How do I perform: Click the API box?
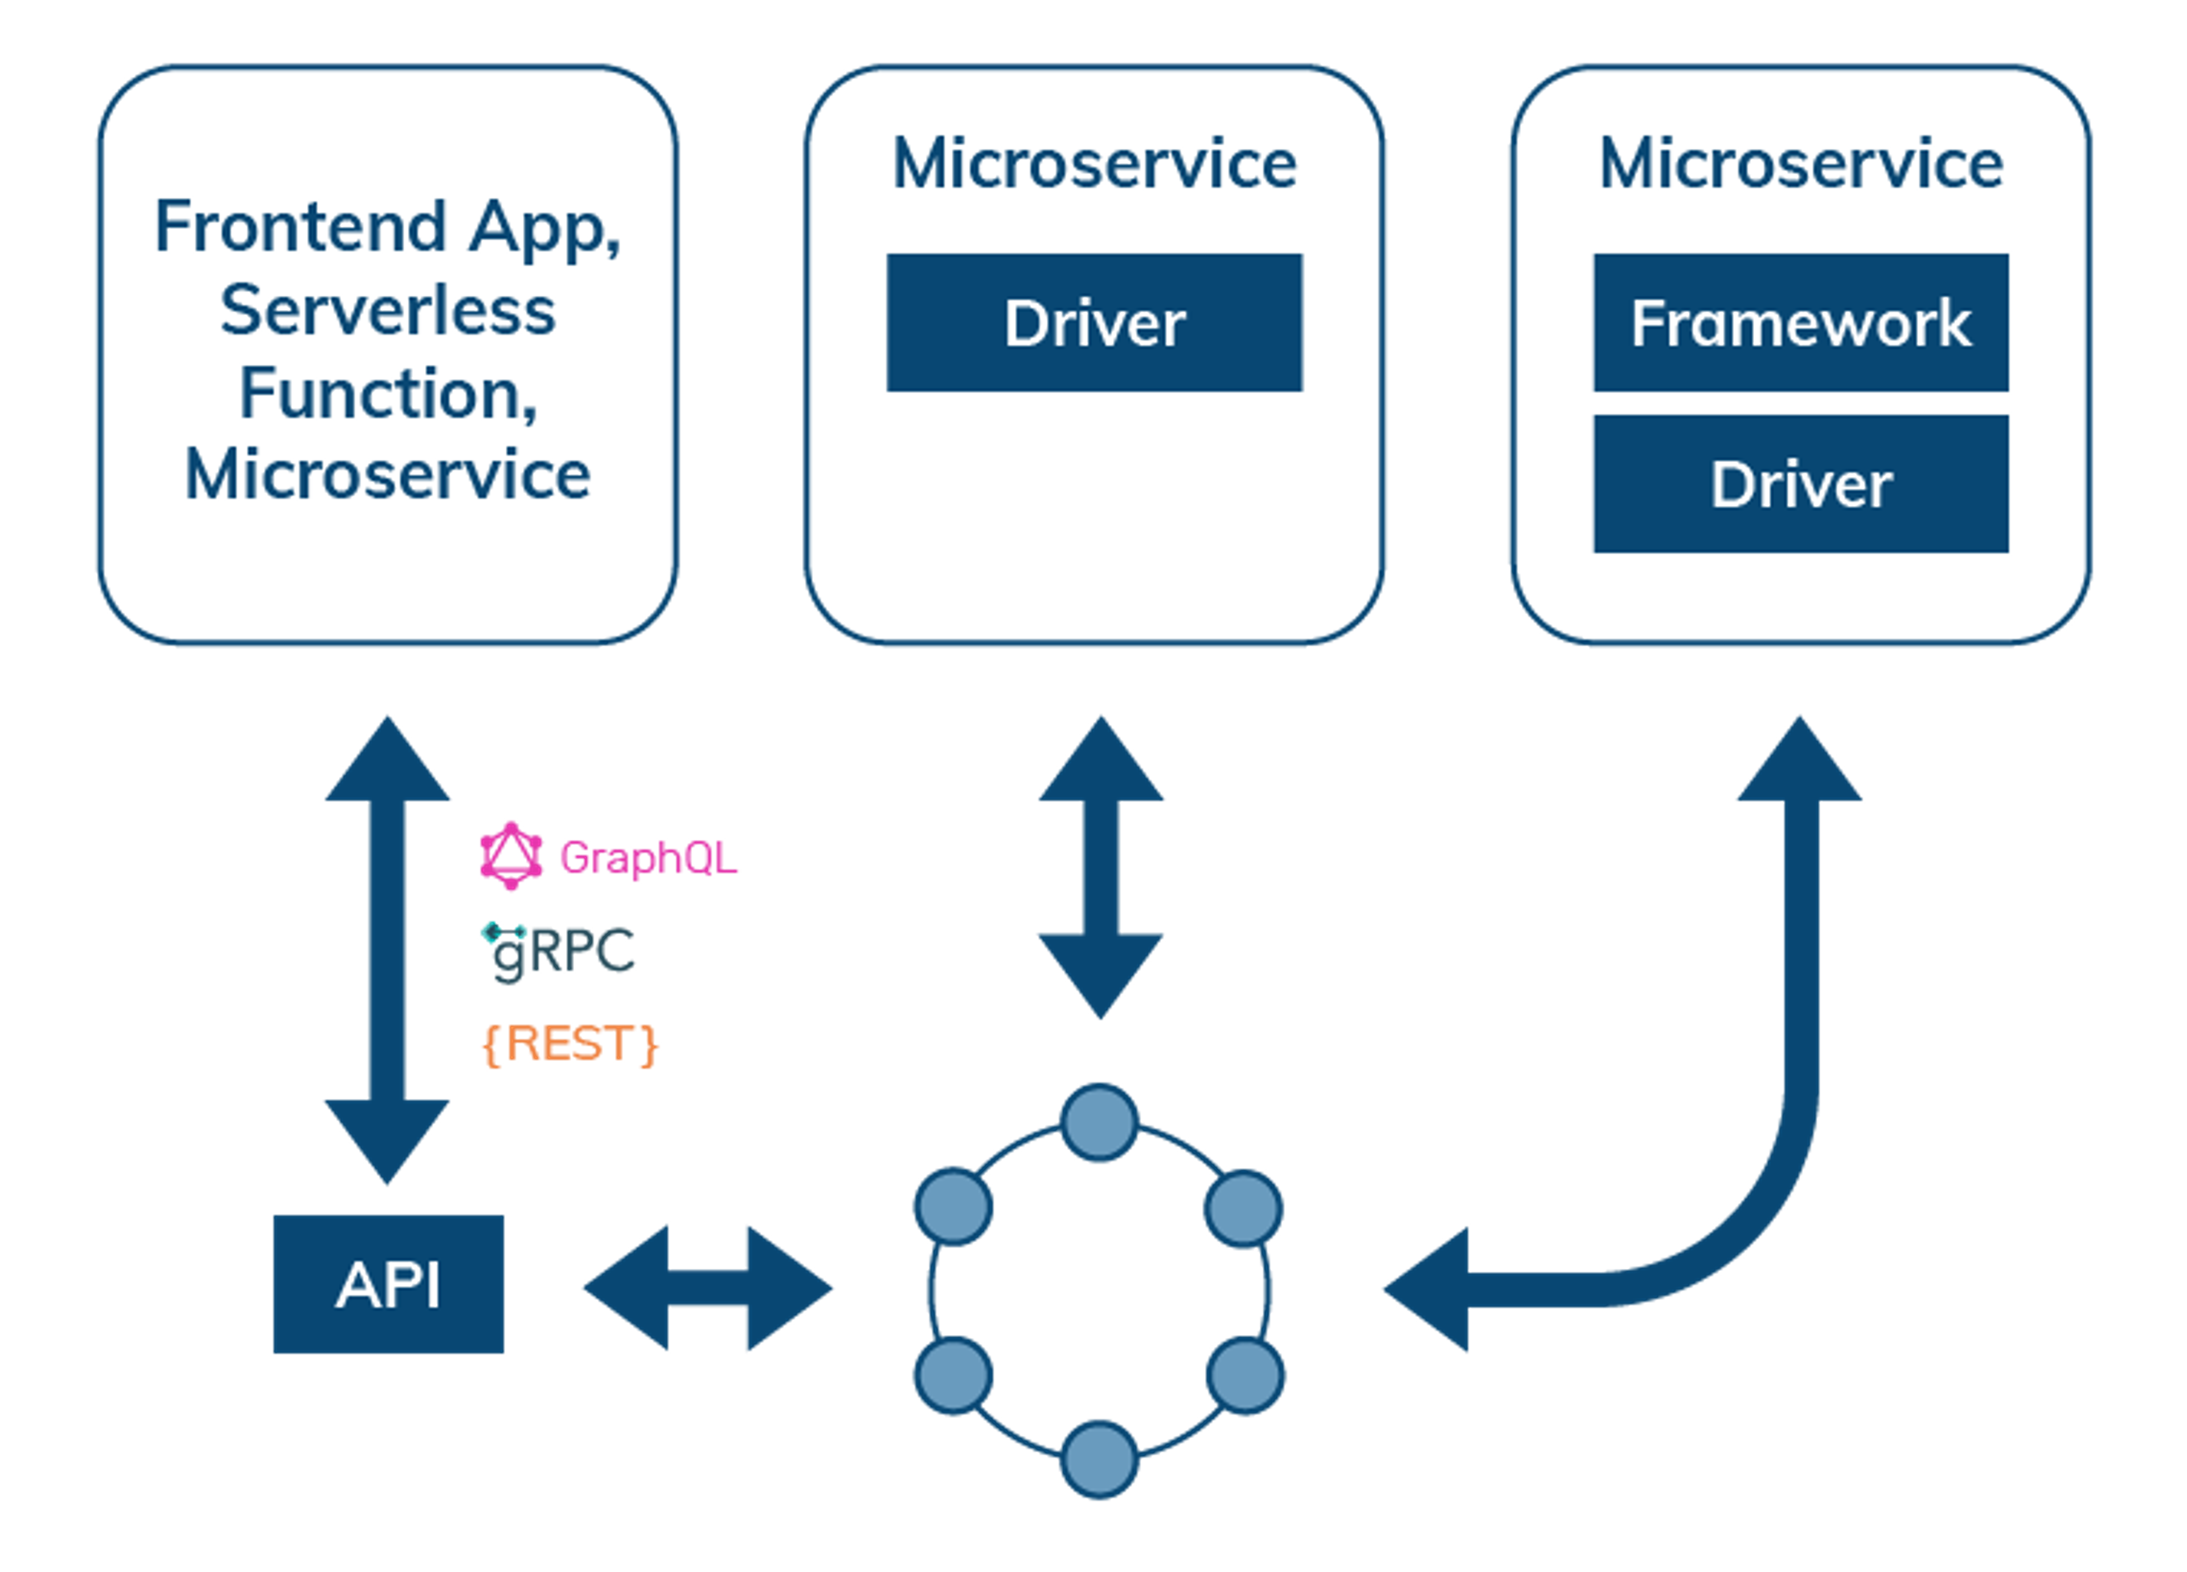(388, 1284)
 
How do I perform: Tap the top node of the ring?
(1099, 1122)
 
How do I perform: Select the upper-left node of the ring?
(953, 1206)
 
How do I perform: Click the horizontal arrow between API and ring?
(708, 1288)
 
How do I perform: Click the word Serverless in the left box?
(388, 311)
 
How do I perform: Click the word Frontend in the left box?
(301, 227)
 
